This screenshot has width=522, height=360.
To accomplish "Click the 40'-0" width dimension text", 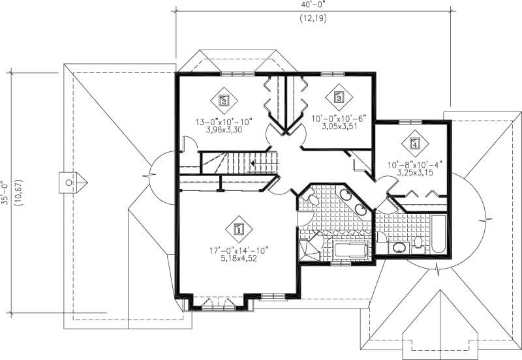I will pyautogui.click(x=313, y=4).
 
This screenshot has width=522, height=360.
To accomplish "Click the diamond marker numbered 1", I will pyautogui.click(x=238, y=229).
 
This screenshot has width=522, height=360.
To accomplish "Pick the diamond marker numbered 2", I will pyautogui.click(x=223, y=100).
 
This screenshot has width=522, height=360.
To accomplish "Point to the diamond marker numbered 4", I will pyautogui.click(x=414, y=142).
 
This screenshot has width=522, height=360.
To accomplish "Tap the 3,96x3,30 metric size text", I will pyautogui.click(x=223, y=129).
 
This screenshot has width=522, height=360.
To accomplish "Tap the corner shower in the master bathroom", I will pyautogui.click(x=310, y=248).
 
